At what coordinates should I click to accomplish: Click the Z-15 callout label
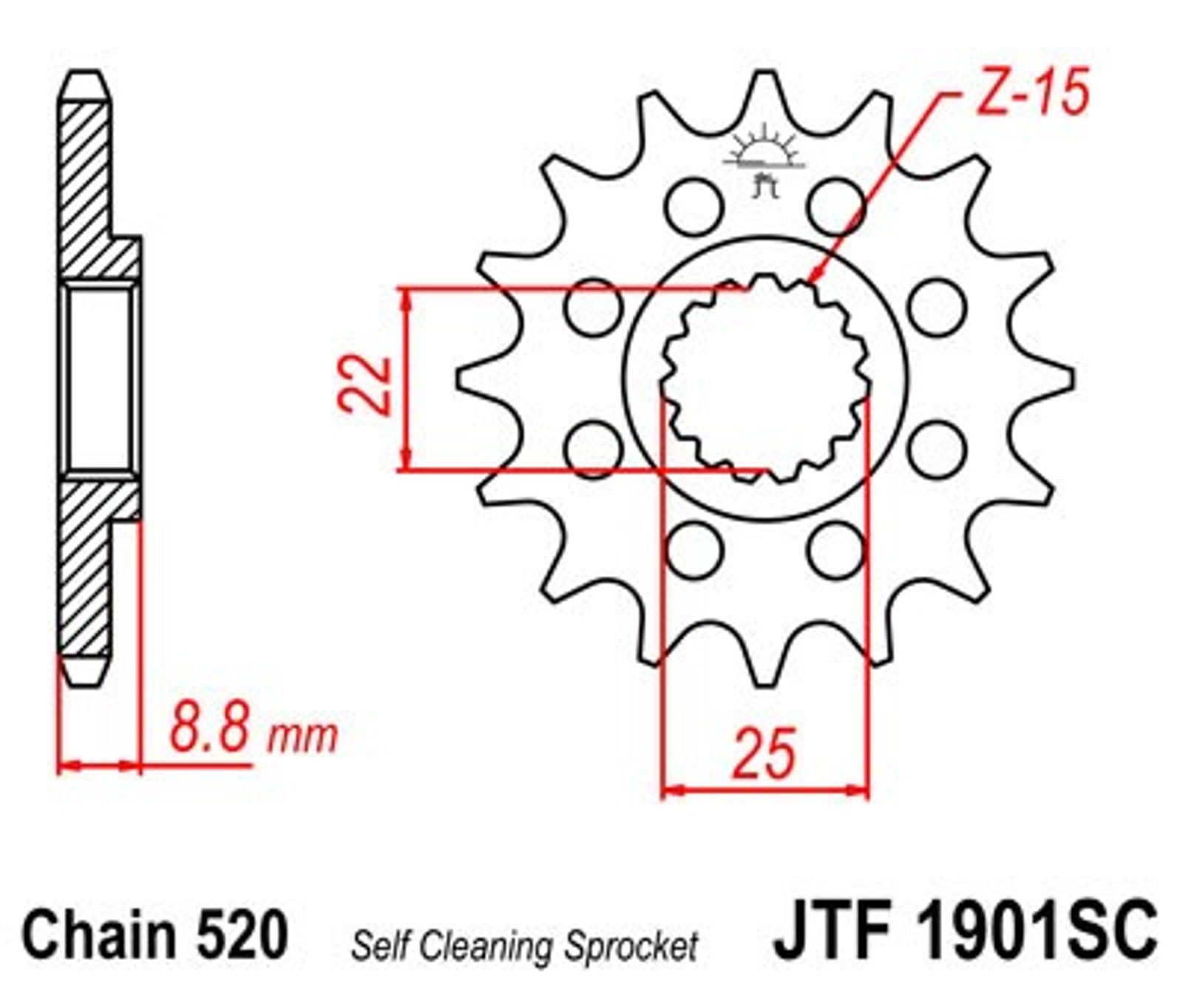point(1033,92)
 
